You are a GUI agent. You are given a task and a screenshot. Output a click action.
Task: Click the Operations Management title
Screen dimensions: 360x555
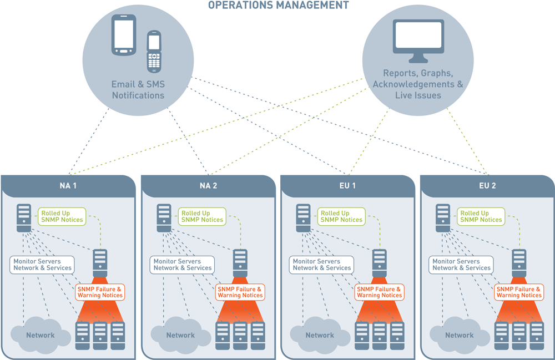(278, 5)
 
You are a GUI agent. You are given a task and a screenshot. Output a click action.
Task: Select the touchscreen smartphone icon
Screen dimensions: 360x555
(123, 35)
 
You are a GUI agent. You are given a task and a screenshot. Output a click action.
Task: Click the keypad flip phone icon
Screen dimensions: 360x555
(154, 51)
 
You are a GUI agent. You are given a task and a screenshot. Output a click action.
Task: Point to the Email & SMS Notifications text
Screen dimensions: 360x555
(138, 90)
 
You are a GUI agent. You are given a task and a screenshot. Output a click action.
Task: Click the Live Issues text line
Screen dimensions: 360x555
(418, 95)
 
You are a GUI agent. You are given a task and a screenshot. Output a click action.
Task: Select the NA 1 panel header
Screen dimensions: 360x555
(68, 185)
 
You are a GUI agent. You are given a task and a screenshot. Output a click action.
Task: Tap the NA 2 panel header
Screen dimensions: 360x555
(208, 185)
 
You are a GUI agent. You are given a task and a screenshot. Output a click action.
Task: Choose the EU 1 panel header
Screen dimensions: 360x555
(347, 185)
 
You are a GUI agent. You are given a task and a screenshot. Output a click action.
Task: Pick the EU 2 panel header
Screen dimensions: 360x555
(487, 185)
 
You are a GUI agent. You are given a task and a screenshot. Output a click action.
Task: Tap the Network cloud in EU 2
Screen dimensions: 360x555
(459, 334)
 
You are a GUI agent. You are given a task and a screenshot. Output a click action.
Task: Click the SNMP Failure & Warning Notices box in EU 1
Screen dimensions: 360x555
(379, 292)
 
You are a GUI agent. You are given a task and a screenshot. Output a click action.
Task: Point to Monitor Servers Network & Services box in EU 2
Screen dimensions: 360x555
(461, 265)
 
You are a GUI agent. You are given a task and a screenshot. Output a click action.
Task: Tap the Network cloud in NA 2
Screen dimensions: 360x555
(180, 334)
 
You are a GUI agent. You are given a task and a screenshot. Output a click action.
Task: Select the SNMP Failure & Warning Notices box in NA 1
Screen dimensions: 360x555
(100, 292)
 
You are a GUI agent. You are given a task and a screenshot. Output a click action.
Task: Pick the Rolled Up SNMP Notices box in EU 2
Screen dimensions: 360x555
(481, 216)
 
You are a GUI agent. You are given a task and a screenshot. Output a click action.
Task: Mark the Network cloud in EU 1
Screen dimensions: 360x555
(320, 334)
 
